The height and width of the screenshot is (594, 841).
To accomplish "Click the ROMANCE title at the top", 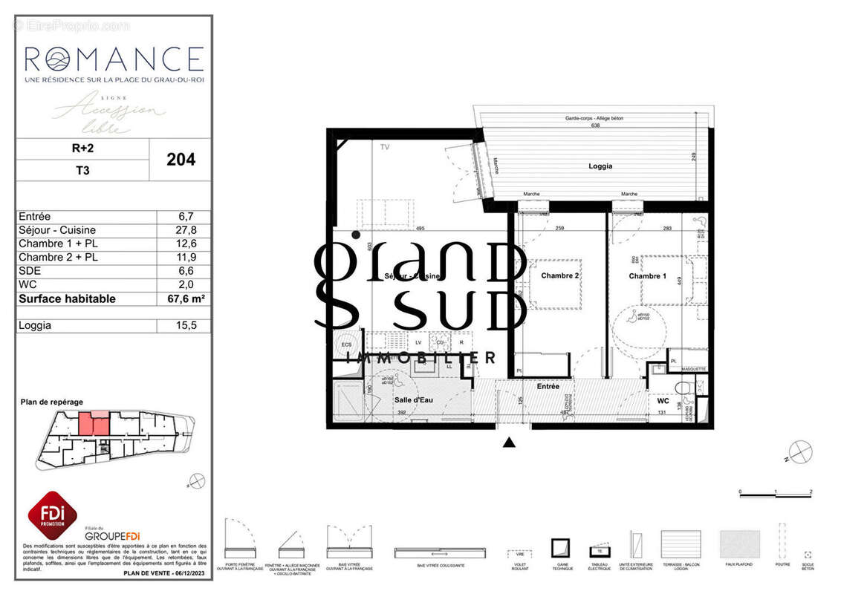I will coord(114,58).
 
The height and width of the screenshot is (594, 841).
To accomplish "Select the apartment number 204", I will coord(181,159).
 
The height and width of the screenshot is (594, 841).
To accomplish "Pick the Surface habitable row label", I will coord(67,298).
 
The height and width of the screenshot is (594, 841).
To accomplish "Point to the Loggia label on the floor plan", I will coord(600,166).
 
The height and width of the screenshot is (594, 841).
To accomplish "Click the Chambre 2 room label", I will coord(559,275).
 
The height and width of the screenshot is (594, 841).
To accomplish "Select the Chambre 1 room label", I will coord(647,276).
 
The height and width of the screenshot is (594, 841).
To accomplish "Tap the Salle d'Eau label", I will coord(414,399).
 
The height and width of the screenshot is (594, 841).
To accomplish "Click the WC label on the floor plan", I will coord(663,401).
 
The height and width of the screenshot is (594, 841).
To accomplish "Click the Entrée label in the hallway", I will coord(548,386).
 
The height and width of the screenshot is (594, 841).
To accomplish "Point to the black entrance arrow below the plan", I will coord(509,443).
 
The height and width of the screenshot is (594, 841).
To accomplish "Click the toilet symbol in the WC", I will coord(684,388).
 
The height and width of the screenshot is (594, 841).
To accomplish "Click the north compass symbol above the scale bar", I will coord(801,452).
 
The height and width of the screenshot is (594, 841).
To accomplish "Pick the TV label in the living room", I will coord(385,148).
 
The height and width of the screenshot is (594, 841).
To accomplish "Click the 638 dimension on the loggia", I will coord(594,125).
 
